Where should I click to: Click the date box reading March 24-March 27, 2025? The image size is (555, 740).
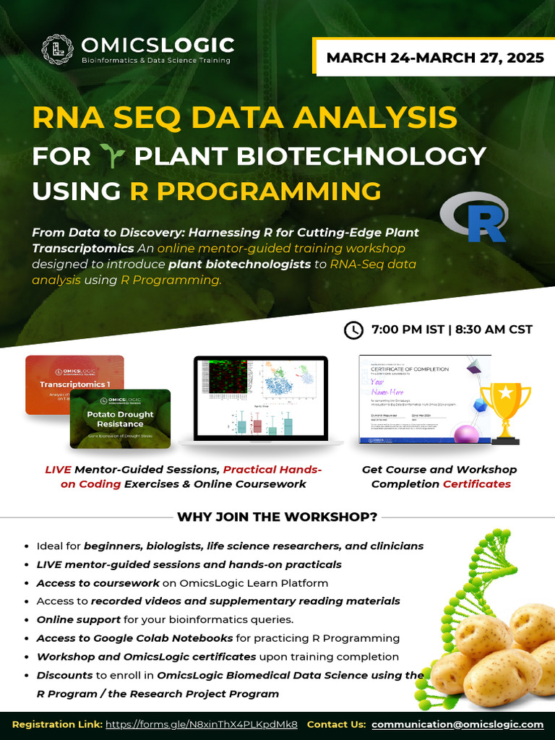(435, 58)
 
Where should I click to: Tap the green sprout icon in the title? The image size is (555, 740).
(112, 155)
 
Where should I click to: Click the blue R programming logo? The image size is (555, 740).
(475, 217)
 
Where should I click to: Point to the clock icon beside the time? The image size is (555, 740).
(353, 330)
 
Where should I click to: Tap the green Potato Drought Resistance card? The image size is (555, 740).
(121, 419)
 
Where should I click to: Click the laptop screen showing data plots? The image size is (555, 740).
(261, 397)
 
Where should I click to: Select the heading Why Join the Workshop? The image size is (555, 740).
(277, 517)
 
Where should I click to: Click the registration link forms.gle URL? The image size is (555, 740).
(202, 724)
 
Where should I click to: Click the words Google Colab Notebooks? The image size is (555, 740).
(171, 638)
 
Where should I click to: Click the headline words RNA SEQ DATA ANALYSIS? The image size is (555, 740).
(244, 118)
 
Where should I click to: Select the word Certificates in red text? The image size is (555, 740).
(476, 483)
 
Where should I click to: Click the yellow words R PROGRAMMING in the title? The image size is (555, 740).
(255, 191)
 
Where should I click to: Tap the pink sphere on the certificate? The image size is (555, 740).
(467, 434)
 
